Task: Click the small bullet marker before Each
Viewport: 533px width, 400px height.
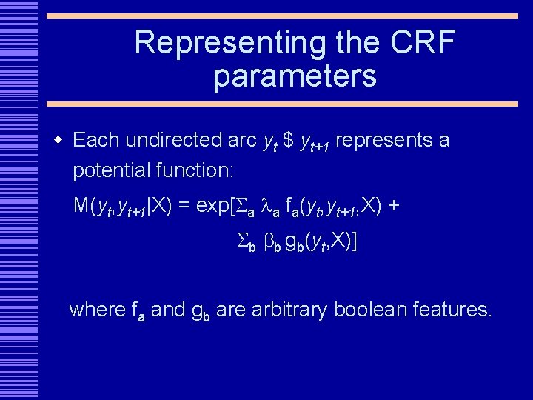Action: point(58,140)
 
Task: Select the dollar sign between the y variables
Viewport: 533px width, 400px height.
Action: point(289,140)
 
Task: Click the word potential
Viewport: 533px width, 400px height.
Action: point(112,171)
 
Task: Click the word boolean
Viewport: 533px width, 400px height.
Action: point(369,310)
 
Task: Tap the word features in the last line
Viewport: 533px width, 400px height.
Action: point(450,310)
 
